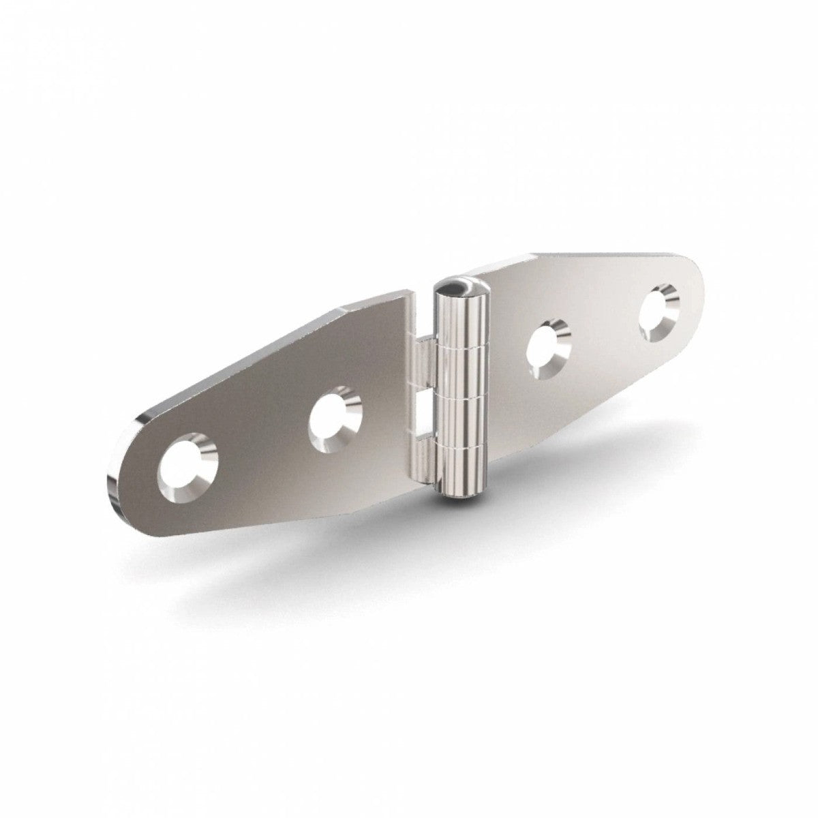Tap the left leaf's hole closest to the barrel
coord(334,419)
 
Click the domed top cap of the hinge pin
coord(455,287)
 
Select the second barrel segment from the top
coord(461,372)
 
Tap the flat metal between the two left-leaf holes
coord(262,443)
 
